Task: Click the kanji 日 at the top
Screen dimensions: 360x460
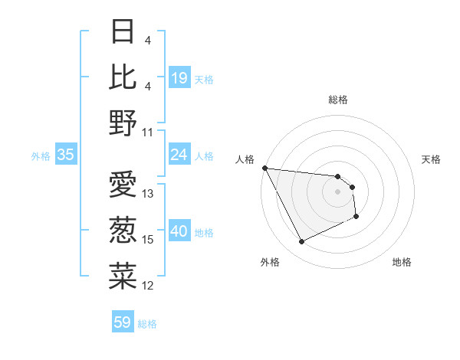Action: pos(123,32)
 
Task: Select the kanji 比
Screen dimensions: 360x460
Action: pos(123,77)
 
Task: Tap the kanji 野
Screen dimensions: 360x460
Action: pos(123,122)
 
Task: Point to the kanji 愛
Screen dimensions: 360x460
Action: pos(123,185)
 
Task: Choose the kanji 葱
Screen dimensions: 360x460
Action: pos(123,231)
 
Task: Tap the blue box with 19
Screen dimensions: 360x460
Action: pos(179,77)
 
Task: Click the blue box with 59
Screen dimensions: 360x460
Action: pos(123,322)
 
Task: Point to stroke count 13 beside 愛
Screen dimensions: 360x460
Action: pos(149,194)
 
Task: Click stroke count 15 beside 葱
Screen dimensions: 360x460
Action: pos(149,240)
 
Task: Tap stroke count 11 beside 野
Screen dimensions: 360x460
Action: pos(149,132)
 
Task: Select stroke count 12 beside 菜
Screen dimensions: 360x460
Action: pos(149,286)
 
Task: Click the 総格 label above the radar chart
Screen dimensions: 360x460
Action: pos(338,100)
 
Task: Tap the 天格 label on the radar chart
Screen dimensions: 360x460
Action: pos(432,159)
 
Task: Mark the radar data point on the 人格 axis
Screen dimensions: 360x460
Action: pos(264,168)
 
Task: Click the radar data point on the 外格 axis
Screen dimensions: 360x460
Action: pos(301,242)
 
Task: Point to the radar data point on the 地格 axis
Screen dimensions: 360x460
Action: pos(357,218)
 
